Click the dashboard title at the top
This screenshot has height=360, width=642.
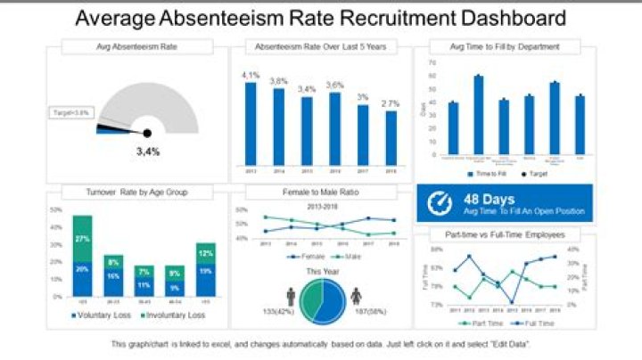320,17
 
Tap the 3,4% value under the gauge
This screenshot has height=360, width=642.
148,151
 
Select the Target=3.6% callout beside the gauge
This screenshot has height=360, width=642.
71,112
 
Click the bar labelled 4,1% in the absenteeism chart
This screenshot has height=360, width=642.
251,123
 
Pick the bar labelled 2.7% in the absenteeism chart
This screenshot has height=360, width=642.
391,137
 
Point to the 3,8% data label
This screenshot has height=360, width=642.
279,81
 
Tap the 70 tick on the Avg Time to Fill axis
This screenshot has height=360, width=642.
432,63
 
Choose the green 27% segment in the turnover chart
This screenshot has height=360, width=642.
83,239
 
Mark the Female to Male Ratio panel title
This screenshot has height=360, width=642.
322,192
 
